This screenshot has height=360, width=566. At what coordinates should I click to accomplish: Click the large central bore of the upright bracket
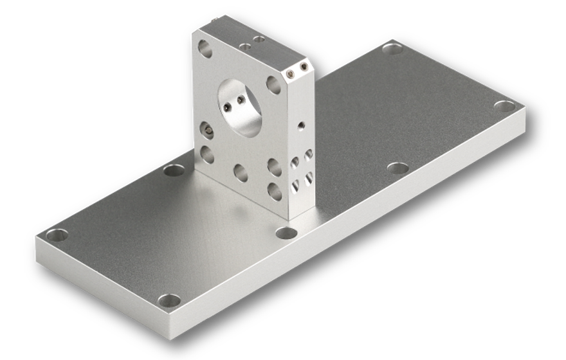[241, 107]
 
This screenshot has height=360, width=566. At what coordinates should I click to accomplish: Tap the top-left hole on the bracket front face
[205, 48]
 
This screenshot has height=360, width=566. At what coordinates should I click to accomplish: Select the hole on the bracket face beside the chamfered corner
[273, 85]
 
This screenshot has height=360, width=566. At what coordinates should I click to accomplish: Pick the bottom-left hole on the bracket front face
[207, 154]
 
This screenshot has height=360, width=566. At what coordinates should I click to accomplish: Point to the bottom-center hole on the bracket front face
[241, 172]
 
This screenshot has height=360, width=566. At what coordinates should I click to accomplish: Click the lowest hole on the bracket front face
[275, 191]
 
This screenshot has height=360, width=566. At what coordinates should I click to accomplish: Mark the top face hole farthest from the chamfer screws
[244, 47]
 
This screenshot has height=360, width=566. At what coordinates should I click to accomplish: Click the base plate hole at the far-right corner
[505, 106]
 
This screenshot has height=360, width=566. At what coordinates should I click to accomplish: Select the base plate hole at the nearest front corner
[169, 300]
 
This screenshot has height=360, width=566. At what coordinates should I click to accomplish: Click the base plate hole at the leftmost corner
[57, 235]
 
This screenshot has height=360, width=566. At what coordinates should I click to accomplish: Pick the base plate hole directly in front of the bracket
[286, 232]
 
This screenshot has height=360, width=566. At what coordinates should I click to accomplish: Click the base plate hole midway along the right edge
[398, 168]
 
